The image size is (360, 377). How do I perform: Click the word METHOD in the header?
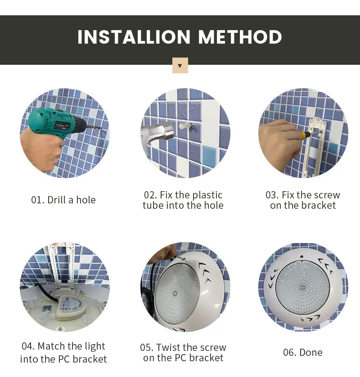240,37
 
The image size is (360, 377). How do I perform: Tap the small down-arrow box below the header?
180,66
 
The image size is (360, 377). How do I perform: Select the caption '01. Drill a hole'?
63,200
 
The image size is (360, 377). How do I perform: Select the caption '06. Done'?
303,352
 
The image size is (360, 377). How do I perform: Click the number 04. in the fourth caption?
28,346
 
